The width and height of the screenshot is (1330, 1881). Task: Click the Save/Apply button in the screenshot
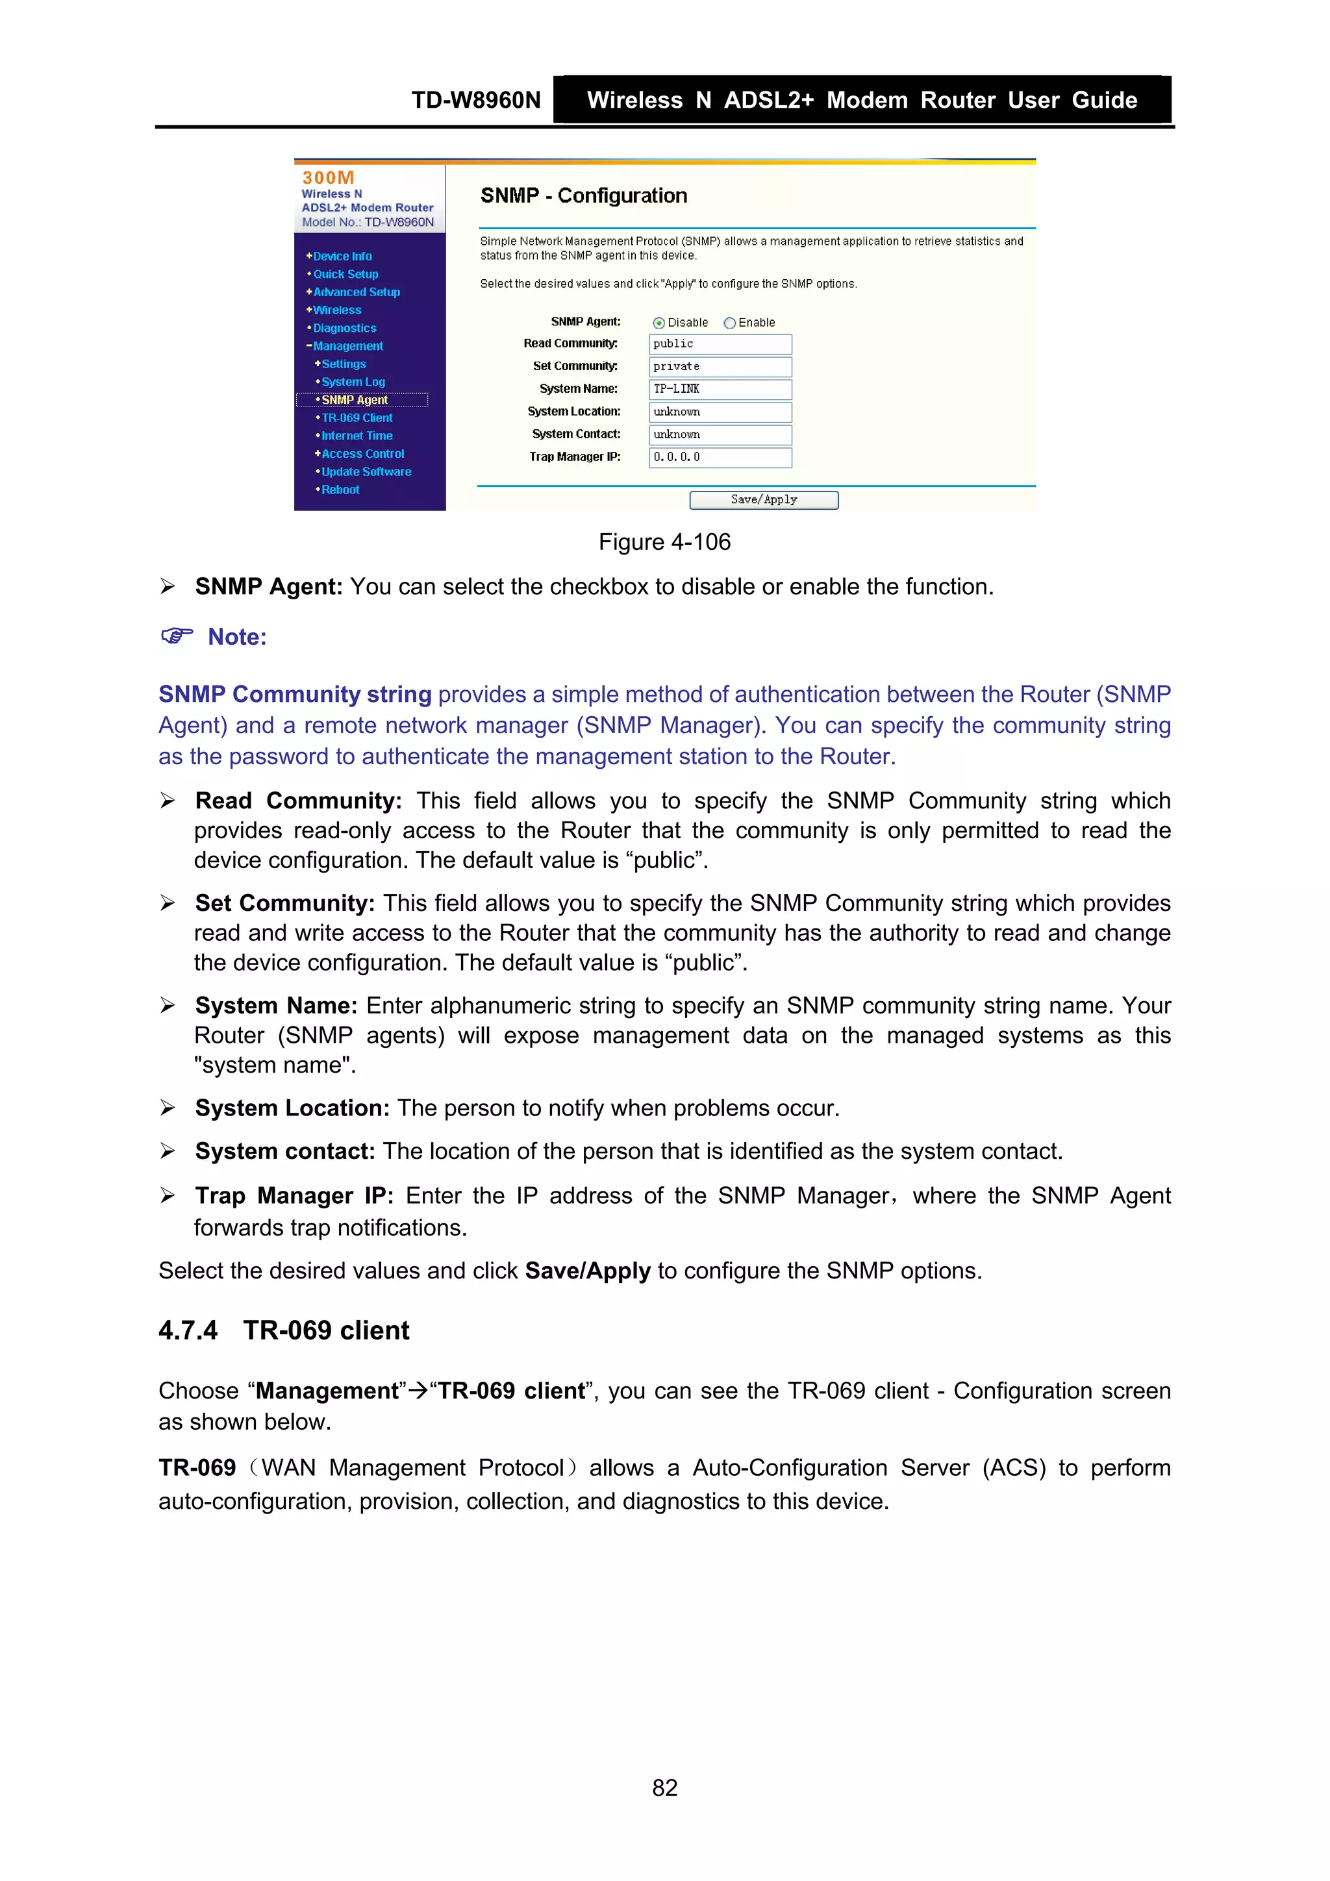coord(763,500)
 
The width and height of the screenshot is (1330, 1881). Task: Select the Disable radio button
coord(659,323)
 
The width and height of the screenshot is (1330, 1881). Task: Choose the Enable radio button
coord(729,323)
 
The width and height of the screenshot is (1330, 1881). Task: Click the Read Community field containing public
coord(720,344)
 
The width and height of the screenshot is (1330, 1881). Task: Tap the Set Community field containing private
coord(720,366)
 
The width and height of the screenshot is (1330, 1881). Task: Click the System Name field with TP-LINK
coord(720,389)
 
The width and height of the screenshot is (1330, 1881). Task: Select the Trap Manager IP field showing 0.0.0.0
coord(720,457)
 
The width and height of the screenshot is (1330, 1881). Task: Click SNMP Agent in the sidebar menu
coord(354,400)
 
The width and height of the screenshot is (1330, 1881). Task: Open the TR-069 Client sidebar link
coord(357,417)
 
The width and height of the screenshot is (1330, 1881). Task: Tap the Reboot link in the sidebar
coord(340,490)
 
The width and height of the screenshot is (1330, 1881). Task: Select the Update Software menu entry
coord(366,472)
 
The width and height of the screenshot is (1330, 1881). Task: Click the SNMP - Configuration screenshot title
coord(583,196)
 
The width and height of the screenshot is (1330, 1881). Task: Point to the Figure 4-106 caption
coord(664,542)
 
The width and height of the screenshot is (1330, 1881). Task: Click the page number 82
coord(664,1788)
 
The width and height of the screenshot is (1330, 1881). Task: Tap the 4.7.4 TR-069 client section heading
coord(284,1330)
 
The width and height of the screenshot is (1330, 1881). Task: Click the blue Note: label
coord(237,638)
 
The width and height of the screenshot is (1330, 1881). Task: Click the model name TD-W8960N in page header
coord(475,100)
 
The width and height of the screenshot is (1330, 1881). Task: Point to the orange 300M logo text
coord(328,178)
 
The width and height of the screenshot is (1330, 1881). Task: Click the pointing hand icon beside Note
coord(176,636)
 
